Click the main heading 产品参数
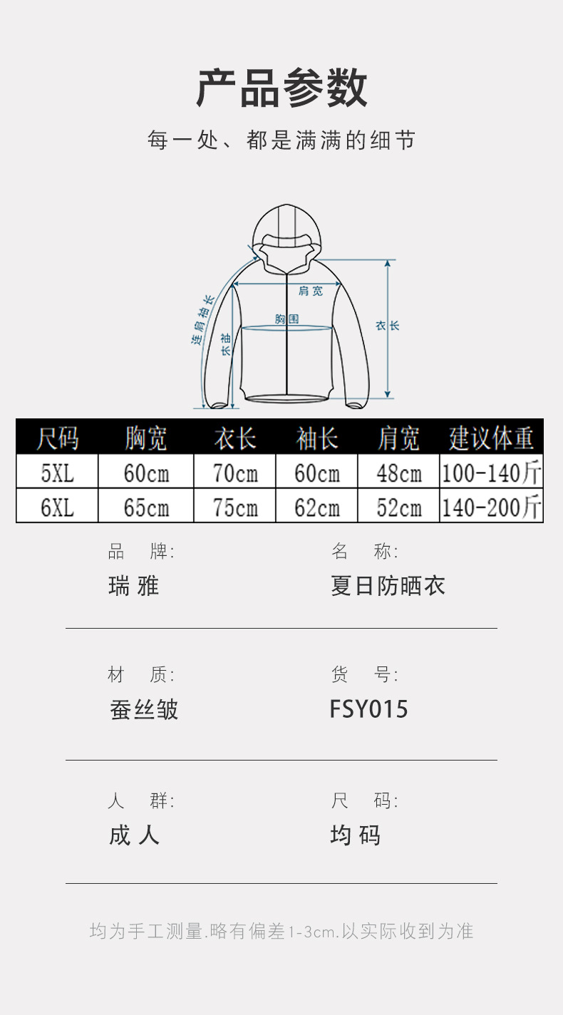pos(281,88)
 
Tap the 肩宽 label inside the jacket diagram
pos(310,291)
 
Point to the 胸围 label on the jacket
pos(286,319)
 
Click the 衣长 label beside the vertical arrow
pos(388,325)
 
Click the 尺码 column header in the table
pos(57,438)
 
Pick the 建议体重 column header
pos(491,438)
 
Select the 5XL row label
pos(57,473)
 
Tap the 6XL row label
pos(57,507)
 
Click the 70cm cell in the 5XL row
pos(234,473)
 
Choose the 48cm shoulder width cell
pos(398,473)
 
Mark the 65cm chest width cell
pos(146,507)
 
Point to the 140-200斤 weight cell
pos(491,507)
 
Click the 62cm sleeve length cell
pos(316,507)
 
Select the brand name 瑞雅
pos(133,586)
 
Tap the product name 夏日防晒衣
pos(388,586)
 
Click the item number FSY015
pos(368,709)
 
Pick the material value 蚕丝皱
pos(144,709)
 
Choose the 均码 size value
pos(355,835)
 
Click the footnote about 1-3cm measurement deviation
pos(281,931)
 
